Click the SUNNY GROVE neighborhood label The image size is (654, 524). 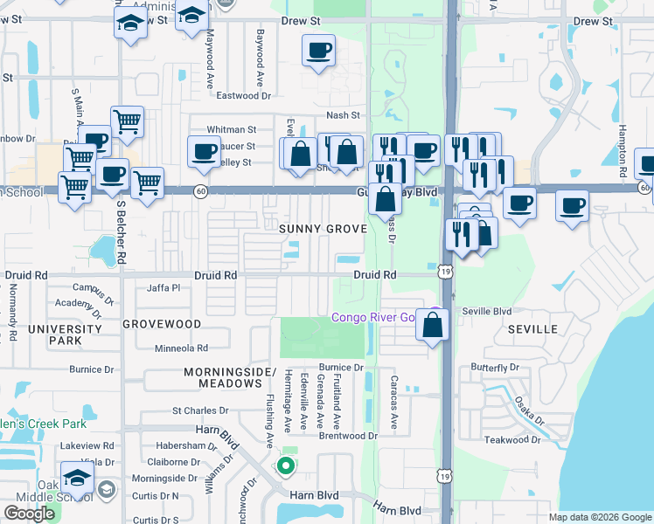click(x=323, y=229)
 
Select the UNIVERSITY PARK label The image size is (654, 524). click(x=64, y=335)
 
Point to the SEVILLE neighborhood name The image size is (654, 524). click(x=532, y=329)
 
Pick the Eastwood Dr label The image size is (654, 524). click(x=244, y=96)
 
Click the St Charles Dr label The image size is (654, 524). click(x=200, y=410)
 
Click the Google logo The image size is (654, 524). click(x=30, y=514)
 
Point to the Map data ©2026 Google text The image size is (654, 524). click(x=599, y=517)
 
